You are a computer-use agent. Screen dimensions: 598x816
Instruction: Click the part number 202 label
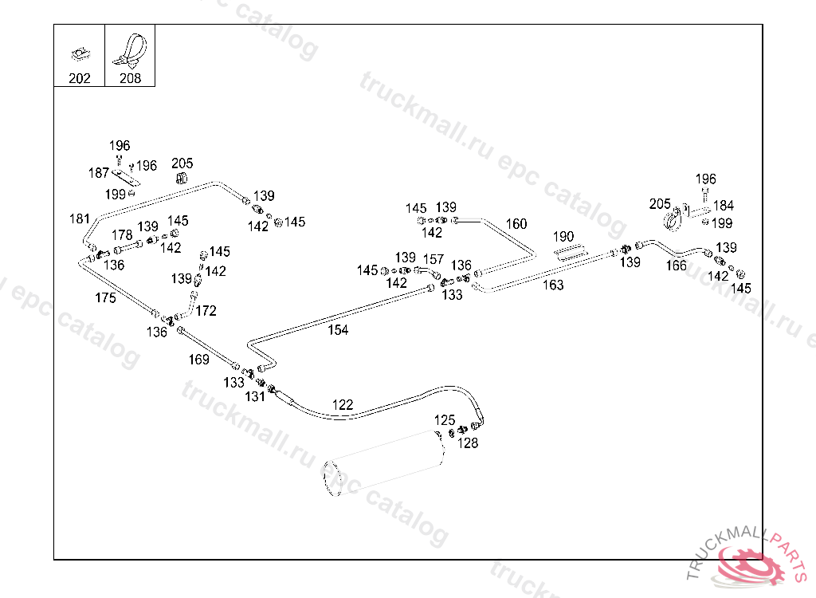click(79, 78)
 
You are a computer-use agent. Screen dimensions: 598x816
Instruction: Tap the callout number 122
click(342, 405)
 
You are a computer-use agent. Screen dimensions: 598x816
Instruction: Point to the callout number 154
click(338, 330)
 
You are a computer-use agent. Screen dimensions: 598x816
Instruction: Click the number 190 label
click(563, 237)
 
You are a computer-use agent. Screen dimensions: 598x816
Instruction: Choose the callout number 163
click(553, 285)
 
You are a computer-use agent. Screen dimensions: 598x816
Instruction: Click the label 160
click(516, 224)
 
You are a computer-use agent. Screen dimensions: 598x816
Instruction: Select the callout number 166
click(676, 266)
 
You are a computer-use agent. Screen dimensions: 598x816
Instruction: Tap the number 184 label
click(723, 206)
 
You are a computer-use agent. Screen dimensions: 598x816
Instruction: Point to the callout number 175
click(105, 298)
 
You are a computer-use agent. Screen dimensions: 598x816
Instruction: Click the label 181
click(80, 218)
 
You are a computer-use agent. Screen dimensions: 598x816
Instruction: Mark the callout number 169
click(198, 360)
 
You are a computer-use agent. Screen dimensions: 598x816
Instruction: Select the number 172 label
click(206, 311)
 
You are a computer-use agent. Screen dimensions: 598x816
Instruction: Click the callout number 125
click(445, 420)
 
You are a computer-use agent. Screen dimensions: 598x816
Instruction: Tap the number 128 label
click(468, 443)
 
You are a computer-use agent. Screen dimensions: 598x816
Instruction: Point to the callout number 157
click(433, 259)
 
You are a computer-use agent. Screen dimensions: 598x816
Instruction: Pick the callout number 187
click(98, 173)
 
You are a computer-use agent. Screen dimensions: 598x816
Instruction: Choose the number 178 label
click(122, 235)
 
